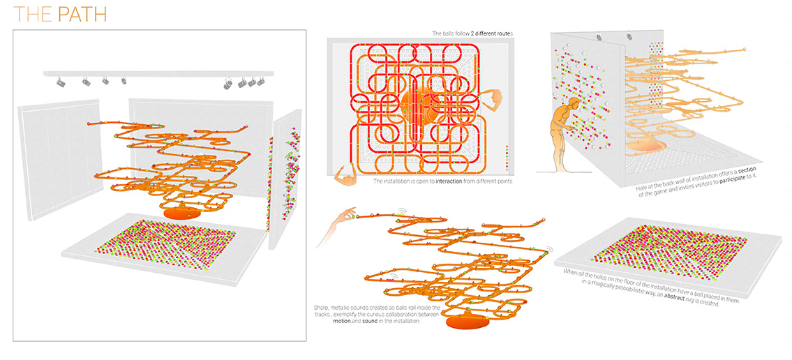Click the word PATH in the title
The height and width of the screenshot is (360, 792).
click(82, 15)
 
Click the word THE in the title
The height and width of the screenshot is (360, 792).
click(33, 15)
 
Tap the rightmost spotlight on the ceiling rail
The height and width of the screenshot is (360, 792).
click(261, 81)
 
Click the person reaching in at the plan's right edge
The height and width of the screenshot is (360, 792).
click(493, 101)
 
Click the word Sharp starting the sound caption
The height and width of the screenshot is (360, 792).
click(319, 307)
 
